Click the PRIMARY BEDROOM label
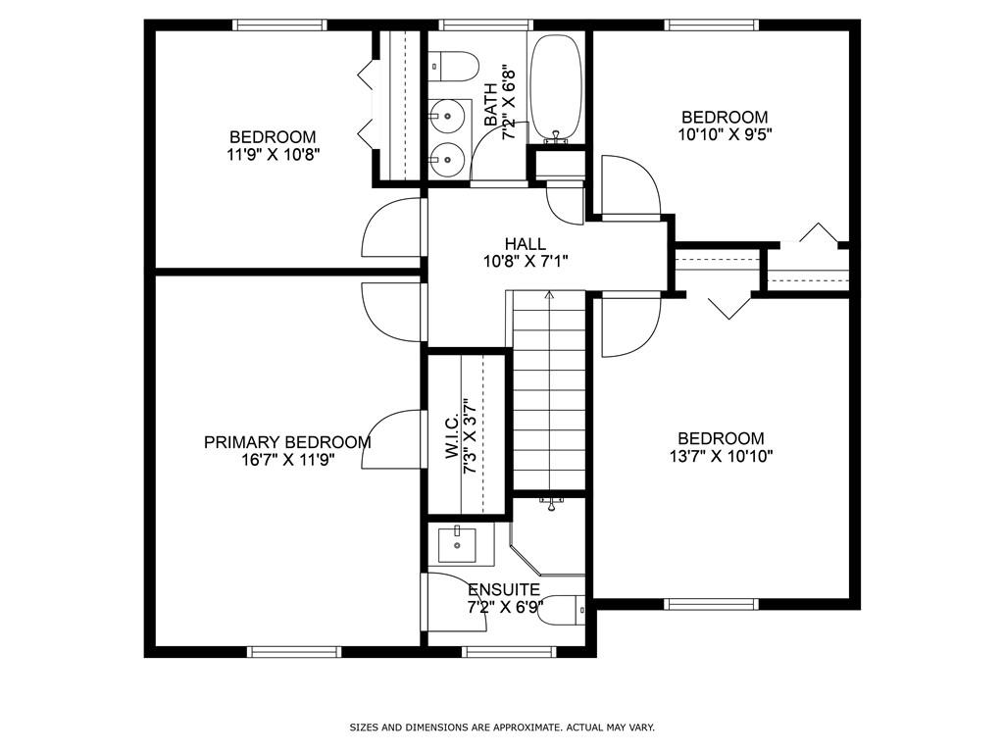tap(287, 442)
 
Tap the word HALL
tap(526, 243)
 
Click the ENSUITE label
tap(503, 589)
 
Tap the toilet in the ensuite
tap(562, 610)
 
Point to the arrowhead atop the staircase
tap(549, 293)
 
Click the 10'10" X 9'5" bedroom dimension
tap(725, 135)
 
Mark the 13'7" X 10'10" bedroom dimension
tap(721, 456)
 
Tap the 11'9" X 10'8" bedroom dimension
tap(273, 154)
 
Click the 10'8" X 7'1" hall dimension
tap(526, 261)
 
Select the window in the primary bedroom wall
tap(293, 651)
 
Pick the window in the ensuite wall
tap(509, 651)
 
